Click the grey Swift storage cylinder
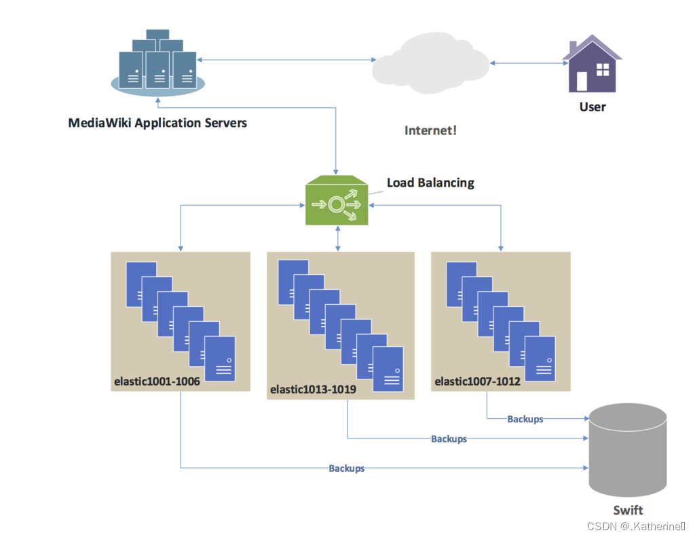[627, 451]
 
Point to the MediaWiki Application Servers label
[157, 124]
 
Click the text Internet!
[430, 130]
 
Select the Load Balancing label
[430, 183]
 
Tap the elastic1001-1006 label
[157, 382]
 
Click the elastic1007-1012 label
[477, 382]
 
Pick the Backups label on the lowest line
[346, 468]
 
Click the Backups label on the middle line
[449, 439]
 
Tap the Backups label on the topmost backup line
[525, 420]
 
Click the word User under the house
[592, 107]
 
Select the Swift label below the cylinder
[627, 511]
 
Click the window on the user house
[601, 69]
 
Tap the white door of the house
[582, 81]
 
